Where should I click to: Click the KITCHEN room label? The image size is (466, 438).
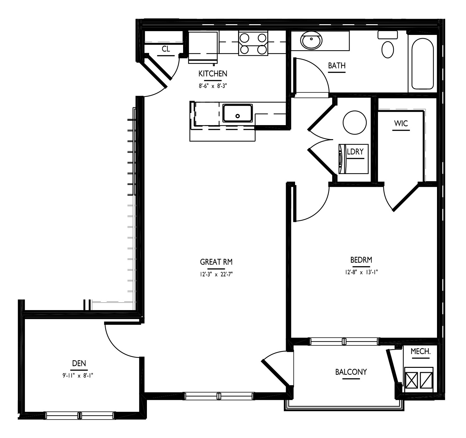pyautogui.click(x=213, y=74)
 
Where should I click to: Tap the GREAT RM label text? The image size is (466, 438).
pyautogui.click(x=216, y=262)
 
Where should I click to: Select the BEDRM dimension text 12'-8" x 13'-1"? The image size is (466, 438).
pyautogui.click(x=361, y=272)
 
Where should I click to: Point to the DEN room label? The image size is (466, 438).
pyautogui.click(x=79, y=363)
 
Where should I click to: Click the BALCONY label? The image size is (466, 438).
pyautogui.click(x=351, y=372)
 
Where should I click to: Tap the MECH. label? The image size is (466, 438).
pyautogui.click(x=420, y=351)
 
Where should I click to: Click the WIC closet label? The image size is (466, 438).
pyautogui.click(x=401, y=124)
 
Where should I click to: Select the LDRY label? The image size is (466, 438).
pyautogui.click(x=355, y=152)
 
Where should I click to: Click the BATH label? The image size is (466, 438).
pyautogui.click(x=337, y=66)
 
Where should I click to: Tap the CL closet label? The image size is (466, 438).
pyautogui.click(x=166, y=49)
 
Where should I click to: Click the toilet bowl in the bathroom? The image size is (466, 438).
pyautogui.click(x=388, y=50)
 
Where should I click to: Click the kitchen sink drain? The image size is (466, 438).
pyautogui.click(x=237, y=116)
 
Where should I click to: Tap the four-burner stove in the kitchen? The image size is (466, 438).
pyautogui.click(x=253, y=43)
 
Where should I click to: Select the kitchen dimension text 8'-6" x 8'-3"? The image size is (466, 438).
pyautogui.click(x=213, y=86)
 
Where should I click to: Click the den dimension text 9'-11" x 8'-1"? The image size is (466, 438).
pyautogui.click(x=78, y=376)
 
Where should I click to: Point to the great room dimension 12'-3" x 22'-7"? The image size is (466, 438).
pyautogui.click(x=216, y=274)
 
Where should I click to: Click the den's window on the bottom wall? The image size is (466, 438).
pyautogui.click(x=80, y=416)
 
